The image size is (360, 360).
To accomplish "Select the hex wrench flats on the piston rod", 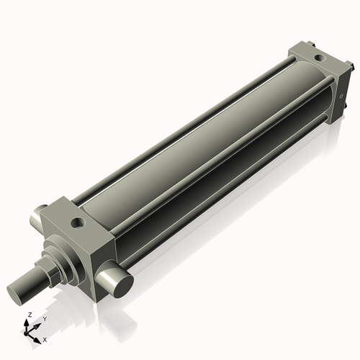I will click(x=49, y=269).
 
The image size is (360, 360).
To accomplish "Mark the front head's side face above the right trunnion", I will click(x=101, y=248).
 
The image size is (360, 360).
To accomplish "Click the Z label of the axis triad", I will click(x=29, y=315).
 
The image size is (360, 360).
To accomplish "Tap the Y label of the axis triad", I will click(x=44, y=318).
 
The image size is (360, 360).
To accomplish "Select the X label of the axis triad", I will click(x=45, y=338).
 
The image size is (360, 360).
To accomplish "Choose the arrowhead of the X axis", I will click(x=39, y=336).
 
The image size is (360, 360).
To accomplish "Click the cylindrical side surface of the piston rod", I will click(x=32, y=282).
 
